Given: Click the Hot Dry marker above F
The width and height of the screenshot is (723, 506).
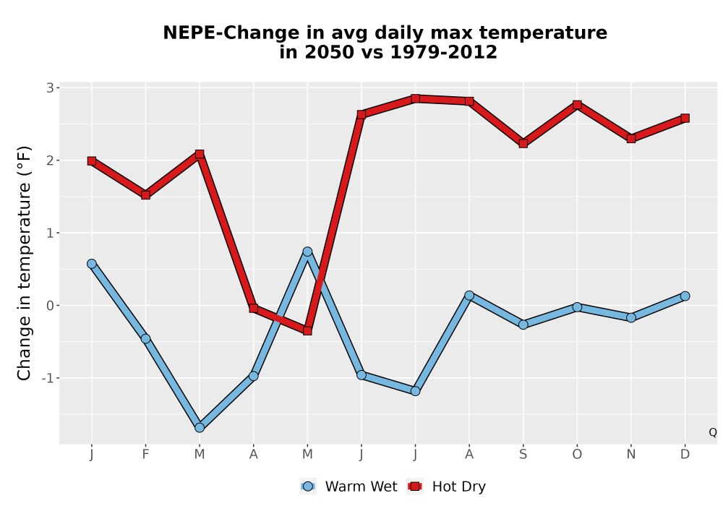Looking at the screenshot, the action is click(x=146, y=195).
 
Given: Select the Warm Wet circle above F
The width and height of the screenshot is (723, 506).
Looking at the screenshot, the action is click(x=146, y=339).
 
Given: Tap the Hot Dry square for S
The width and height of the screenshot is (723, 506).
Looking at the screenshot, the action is click(x=523, y=143).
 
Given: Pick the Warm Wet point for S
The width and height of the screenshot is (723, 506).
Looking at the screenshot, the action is click(x=523, y=325).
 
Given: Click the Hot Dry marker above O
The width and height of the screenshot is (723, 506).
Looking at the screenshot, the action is click(x=577, y=105).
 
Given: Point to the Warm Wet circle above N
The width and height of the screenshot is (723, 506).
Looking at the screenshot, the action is click(x=630, y=317).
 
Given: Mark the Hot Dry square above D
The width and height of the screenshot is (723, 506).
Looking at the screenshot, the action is click(x=685, y=118).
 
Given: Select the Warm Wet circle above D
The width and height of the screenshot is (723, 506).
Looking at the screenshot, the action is click(x=685, y=296).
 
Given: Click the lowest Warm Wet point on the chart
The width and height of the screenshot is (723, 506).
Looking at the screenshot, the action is click(x=200, y=428).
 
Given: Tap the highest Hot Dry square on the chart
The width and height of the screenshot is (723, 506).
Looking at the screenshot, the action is click(x=415, y=98).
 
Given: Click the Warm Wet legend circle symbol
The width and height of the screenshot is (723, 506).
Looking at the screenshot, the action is click(x=307, y=486).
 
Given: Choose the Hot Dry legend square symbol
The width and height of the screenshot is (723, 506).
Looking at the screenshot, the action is click(x=414, y=486).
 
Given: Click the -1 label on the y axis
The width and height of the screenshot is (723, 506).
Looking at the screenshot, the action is click(x=48, y=378).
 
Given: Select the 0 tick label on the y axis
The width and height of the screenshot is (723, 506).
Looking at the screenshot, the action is click(x=51, y=306).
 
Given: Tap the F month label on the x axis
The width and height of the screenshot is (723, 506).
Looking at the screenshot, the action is click(x=146, y=455).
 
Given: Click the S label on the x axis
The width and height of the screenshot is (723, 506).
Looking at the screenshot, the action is click(x=523, y=455).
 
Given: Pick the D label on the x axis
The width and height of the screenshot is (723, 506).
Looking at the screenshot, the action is click(x=685, y=455).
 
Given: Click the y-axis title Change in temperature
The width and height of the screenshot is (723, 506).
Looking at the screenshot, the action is click(x=24, y=262).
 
